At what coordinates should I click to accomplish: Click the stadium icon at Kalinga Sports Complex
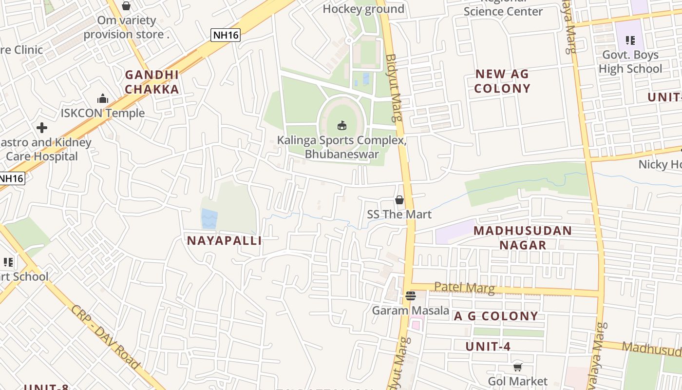pyautogui.click(x=342, y=125)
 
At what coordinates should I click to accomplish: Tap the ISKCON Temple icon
pyautogui.click(x=102, y=99)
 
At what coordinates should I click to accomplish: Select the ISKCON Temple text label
pyautogui.click(x=102, y=113)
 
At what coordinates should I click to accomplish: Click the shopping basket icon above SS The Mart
pyautogui.click(x=399, y=200)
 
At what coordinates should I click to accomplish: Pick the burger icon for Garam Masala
pyautogui.click(x=410, y=295)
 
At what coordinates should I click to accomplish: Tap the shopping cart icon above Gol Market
pyautogui.click(x=517, y=367)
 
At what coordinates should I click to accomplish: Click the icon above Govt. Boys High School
pyautogui.click(x=630, y=40)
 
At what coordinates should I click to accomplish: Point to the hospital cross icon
pyautogui.click(x=42, y=128)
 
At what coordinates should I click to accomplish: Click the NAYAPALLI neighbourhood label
pyautogui.click(x=225, y=240)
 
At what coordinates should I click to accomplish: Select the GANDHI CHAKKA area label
pyautogui.click(x=152, y=82)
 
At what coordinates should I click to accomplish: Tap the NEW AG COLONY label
pyautogui.click(x=502, y=81)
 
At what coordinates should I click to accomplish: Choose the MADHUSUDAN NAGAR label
pyautogui.click(x=523, y=237)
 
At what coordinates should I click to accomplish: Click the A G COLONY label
pyautogui.click(x=496, y=316)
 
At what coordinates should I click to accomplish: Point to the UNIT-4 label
pyautogui.click(x=488, y=347)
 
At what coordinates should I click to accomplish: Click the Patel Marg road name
pyautogui.click(x=464, y=287)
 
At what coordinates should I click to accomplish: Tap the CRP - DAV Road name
pyautogui.click(x=105, y=336)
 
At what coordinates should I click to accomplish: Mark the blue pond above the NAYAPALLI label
pyautogui.click(x=209, y=218)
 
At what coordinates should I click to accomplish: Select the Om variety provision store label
pyautogui.click(x=127, y=27)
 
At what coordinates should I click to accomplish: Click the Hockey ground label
pyautogui.click(x=363, y=9)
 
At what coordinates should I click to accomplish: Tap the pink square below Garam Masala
pyautogui.click(x=415, y=324)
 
